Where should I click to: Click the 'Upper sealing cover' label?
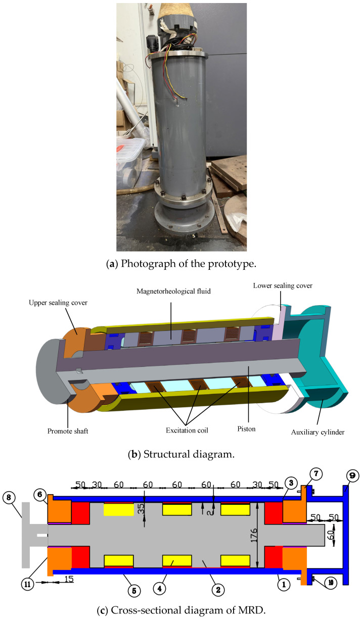58,303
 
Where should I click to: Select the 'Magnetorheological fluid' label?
173,291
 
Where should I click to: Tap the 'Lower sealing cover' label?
283,285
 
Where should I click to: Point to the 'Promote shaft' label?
68,431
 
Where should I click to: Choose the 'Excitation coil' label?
187,430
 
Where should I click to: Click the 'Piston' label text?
246,429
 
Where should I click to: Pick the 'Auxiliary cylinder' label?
318,432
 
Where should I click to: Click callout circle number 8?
9,497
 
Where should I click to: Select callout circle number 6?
40,494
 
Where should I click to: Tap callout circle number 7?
316,474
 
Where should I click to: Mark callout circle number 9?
352,476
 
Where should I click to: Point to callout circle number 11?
28,584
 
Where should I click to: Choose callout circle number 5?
134,591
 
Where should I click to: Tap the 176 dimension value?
254,535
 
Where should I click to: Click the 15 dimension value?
69,579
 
